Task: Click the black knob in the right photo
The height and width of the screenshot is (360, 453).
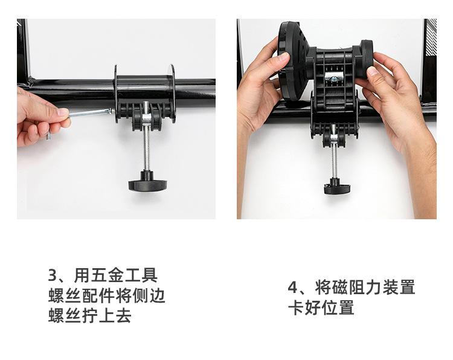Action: (x=337, y=187)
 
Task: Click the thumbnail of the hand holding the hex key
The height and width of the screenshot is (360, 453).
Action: (x=63, y=112)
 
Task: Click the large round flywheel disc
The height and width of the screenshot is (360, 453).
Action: (x=292, y=60)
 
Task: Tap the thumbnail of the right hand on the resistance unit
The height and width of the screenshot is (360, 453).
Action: (x=373, y=71)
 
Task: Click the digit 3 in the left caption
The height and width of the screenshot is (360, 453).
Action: (x=53, y=275)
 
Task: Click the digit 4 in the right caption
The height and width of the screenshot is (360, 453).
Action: (x=293, y=287)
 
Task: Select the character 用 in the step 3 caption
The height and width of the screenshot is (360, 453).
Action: (x=82, y=275)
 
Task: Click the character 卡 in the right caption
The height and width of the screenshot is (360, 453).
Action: (x=296, y=307)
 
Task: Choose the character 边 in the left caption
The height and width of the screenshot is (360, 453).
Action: (x=158, y=295)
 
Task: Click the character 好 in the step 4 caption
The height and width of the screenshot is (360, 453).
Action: (x=313, y=307)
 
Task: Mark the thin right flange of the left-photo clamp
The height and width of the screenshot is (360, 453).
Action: (x=173, y=93)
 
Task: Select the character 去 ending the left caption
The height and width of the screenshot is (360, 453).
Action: (x=124, y=315)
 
